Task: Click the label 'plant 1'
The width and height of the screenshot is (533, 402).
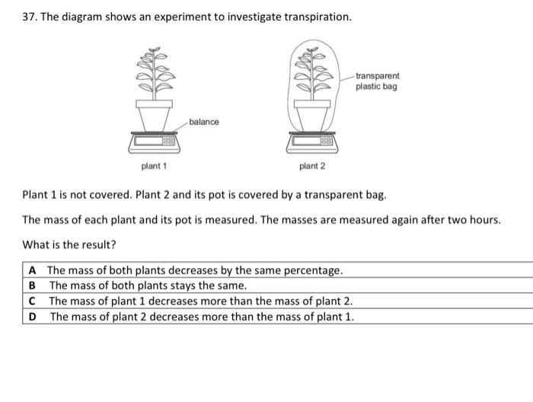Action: tap(155, 166)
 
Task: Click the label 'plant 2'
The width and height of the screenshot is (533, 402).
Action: tap(312, 166)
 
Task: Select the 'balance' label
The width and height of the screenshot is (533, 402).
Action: tap(204, 122)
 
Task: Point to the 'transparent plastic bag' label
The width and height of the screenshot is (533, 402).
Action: tap(377, 81)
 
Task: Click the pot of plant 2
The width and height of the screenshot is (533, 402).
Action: tap(311, 116)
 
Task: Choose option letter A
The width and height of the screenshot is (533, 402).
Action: tap(32, 270)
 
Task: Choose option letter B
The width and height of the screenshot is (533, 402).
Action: tap(32, 286)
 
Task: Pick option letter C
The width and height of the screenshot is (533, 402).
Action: tap(32, 301)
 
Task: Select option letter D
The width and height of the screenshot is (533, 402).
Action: tap(32, 316)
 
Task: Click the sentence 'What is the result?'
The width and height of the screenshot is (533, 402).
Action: tap(69, 244)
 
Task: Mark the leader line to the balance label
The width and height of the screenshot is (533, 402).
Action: tap(184, 126)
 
